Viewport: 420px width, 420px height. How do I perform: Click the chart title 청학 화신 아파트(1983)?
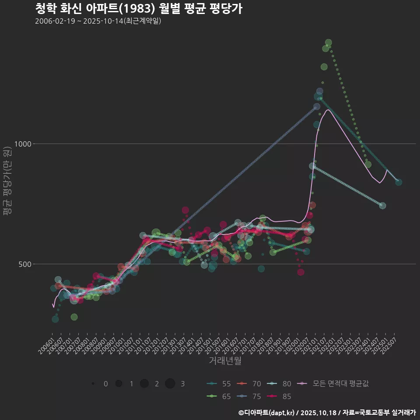(138, 9)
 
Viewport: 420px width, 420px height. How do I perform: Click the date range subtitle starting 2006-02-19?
(98, 21)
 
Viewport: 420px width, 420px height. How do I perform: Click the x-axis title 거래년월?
(225, 360)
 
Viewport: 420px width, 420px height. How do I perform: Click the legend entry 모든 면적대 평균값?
(333, 384)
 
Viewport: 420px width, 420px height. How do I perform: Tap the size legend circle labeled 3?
(170, 384)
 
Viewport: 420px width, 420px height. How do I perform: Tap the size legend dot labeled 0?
(93, 384)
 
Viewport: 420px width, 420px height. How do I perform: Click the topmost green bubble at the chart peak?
(329, 42)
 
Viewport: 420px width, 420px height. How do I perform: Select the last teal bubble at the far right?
(399, 182)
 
